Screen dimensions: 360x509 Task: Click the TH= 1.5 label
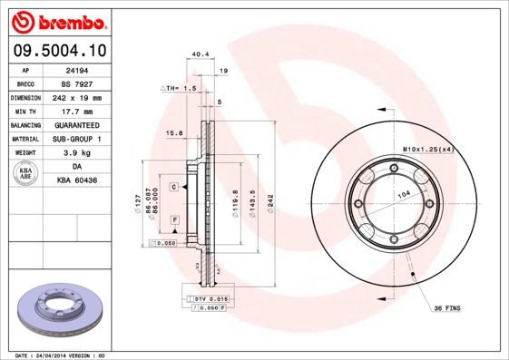(x=180, y=88)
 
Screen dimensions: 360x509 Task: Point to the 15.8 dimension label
(x=174, y=133)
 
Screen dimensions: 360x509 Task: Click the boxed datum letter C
(x=172, y=186)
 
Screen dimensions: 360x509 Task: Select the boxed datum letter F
(x=173, y=220)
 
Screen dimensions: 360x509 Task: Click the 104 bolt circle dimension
(x=402, y=195)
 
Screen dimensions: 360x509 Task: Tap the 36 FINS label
(x=446, y=308)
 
